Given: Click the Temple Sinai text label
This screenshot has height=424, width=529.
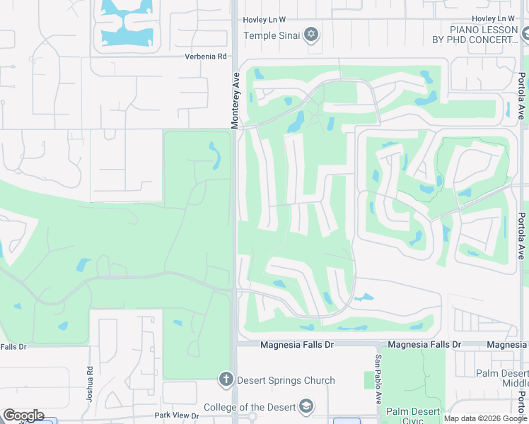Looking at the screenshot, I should [272, 35].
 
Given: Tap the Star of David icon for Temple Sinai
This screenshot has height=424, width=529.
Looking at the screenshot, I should [310, 35].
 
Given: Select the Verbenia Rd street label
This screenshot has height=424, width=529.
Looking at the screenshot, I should [206, 57].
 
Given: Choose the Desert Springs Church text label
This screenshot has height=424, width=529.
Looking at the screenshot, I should [286, 380].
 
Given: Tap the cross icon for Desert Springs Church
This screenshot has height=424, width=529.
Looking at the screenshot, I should [226, 380].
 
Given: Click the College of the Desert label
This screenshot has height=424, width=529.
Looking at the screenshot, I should [250, 407].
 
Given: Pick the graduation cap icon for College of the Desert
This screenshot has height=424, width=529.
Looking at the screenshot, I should [306, 407].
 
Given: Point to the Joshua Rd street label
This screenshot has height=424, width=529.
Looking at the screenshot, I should [90, 380].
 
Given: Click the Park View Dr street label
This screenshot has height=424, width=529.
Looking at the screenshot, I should [177, 416].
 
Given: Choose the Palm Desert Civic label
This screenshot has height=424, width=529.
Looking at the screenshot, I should [412, 416].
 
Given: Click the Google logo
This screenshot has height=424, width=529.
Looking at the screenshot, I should [23, 416].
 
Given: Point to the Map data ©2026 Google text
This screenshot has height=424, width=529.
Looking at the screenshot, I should [485, 418].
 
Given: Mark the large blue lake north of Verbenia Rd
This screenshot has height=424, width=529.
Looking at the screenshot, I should [128, 28].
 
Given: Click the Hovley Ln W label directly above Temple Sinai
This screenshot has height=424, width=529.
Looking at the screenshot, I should [264, 20].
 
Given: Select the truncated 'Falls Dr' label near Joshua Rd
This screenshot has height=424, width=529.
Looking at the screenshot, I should [13, 346].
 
